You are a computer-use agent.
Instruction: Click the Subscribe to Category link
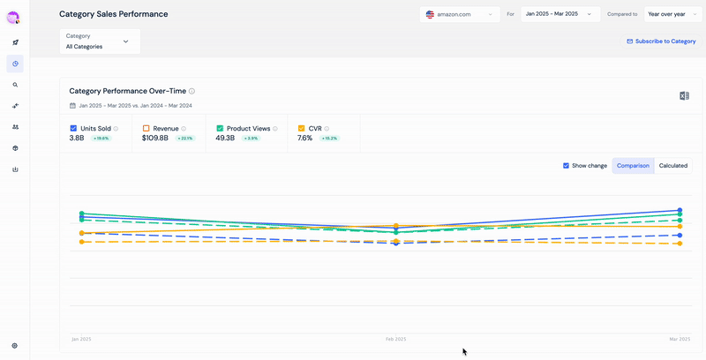pos(661,41)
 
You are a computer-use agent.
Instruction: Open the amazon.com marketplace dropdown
pos(460,15)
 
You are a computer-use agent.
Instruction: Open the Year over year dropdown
pos(672,14)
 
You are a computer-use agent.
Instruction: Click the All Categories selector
pos(99,41)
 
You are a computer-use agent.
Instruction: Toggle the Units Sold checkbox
pos(73,128)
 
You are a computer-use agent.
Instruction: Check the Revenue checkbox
pos(146,128)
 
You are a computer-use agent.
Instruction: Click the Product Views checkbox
pos(220,128)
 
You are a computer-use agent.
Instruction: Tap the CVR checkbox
pos(301,128)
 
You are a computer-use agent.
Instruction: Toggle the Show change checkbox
pos(567,165)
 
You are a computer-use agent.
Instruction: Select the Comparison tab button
pos(633,165)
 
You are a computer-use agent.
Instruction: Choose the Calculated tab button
pos(673,165)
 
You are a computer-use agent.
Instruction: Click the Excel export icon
pos(684,95)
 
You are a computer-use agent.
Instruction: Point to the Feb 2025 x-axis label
pos(395,339)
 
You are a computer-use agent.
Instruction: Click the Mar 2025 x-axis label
pos(680,339)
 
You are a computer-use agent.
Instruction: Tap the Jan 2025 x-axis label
pos(81,339)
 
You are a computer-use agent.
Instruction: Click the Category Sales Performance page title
pos(113,14)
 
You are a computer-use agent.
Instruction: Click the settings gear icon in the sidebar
pos(15,346)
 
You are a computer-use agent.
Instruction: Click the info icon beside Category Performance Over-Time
pos(192,91)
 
